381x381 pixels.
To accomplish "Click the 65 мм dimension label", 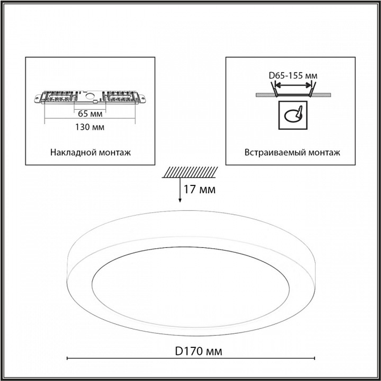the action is pyautogui.click(x=90, y=114).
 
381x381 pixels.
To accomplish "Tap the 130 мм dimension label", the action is pyautogui.click(x=90, y=127).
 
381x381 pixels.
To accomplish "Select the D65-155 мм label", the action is pyautogui.click(x=293, y=75).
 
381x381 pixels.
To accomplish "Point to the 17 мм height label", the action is pyautogui.click(x=199, y=189).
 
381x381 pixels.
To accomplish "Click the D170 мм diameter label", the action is pyautogui.click(x=199, y=351).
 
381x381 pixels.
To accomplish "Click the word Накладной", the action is pyautogui.click(x=71, y=152).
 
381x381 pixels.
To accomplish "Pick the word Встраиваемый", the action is pyautogui.click(x=275, y=152).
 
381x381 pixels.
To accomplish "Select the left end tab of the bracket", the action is pyautogui.click(x=37, y=98).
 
